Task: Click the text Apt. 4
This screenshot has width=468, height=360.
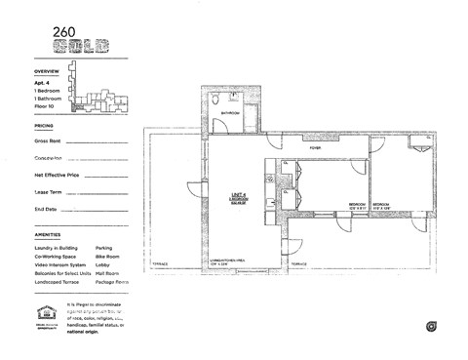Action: point(43,84)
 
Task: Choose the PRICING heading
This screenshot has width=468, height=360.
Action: point(44,126)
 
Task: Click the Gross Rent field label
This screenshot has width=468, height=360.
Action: point(48,141)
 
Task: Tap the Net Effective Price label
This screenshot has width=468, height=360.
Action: point(56,175)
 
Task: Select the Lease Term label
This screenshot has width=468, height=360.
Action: point(48,192)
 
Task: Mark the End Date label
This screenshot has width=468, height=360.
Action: point(45,209)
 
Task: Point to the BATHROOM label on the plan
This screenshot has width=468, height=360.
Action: point(230,113)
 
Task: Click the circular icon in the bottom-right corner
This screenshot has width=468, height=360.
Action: point(429,325)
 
